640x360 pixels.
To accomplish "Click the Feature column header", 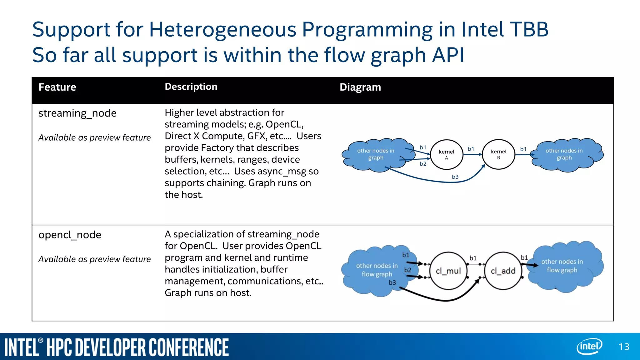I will (57, 87).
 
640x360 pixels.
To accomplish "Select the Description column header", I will (191, 87).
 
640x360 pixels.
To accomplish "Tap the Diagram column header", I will (360, 87).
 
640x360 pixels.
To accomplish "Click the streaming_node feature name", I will (77, 113).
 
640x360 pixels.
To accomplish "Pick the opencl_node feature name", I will (70, 235).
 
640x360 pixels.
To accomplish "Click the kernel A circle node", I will (446, 154).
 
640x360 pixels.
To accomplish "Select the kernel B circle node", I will (498, 154).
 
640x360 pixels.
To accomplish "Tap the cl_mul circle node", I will (448, 271).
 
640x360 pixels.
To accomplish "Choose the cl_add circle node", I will (503, 271).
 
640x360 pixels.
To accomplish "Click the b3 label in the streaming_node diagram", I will (455, 177).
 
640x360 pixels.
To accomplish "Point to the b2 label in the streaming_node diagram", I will (423, 164).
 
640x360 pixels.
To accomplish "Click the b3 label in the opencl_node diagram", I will (392, 282).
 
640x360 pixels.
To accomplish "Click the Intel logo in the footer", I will (589, 346).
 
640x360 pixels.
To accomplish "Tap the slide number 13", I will (624, 347).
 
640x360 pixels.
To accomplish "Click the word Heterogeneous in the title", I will (222, 30).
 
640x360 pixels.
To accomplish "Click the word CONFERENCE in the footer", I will (188, 347).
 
